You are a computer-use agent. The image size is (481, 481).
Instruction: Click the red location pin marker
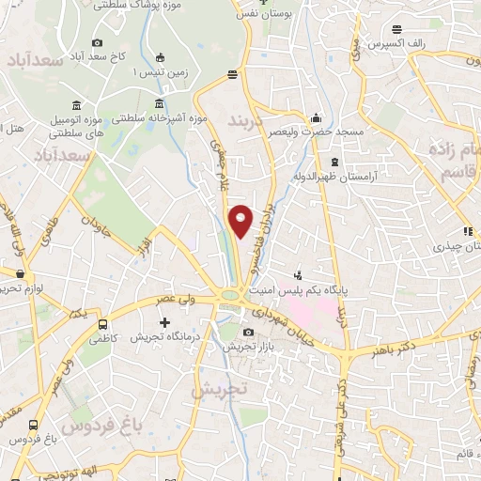pyautogui.click(x=240, y=219)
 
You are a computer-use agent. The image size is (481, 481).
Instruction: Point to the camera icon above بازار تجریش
pyautogui.click(x=248, y=332)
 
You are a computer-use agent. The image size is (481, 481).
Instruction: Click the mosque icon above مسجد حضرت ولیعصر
pyautogui.click(x=317, y=117)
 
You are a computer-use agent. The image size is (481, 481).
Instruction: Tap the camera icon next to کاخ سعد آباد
pyautogui.click(x=98, y=42)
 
